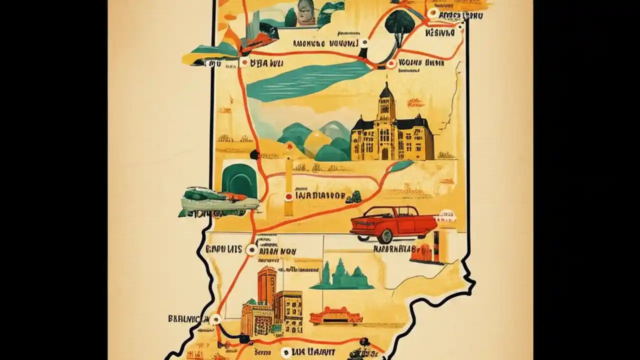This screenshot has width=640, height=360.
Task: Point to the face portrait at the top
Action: pyautogui.click(x=303, y=12)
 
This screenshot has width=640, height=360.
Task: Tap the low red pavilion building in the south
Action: pyautogui.click(x=335, y=316)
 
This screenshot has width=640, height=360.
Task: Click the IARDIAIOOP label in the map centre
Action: pyautogui.click(x=320, y=196)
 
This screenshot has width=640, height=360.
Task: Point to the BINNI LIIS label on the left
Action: pyautogui.click(x=224, y=248)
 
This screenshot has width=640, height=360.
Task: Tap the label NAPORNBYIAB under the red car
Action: pyautogui.click(x=394, y=248)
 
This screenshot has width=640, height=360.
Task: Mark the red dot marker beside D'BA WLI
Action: pyautogui.click(x=244, y=62)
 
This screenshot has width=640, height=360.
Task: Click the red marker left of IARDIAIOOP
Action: pyautogui.click(x=288, y=197)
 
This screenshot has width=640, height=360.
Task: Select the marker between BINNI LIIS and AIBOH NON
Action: pyautogui.click(x=252, y=249)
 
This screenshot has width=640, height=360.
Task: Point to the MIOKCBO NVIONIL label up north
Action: pyautogui.click(x=325, y=43)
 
